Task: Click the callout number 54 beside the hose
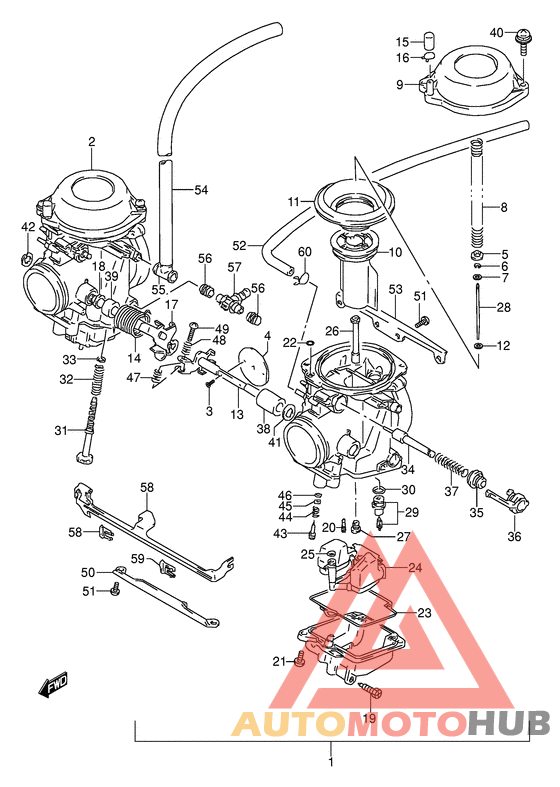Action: click(201, 189)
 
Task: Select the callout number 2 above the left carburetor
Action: click(90, 142)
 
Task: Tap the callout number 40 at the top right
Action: click(497, 33)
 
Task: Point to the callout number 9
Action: click(399, 85)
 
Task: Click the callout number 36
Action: click(514, 536)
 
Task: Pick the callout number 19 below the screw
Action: click(369, 718)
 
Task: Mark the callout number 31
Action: click(61, 431)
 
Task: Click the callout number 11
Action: click(294, 202)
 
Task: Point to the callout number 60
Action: click(305, 251)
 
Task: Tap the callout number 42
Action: click(28, 227)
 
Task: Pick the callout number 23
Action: click(424, 613)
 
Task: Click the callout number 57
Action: click(235, 267)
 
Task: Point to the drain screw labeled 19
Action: click(369, 691)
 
